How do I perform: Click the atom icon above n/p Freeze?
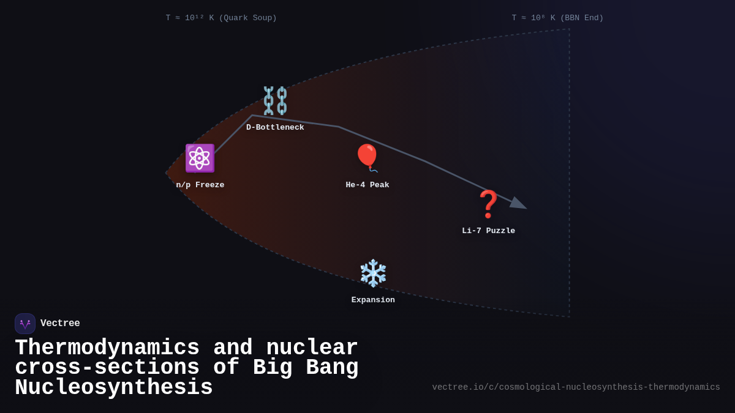200,158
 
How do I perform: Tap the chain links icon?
275,101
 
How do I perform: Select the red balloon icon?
367,157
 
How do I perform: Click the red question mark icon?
488,204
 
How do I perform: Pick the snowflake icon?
373,273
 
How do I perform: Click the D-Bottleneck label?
275,128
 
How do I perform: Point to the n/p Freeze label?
200,185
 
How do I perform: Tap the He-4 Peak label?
367,185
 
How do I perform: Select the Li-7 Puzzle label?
488,231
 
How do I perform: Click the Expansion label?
373,300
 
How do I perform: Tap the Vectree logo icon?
25,324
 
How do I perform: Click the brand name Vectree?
60,324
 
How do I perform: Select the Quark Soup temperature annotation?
221,18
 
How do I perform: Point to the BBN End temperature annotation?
557,18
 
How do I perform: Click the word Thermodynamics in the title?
107,348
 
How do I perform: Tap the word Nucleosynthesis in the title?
114,388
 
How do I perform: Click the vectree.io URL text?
576,387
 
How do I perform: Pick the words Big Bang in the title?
306,368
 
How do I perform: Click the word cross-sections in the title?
107,368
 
